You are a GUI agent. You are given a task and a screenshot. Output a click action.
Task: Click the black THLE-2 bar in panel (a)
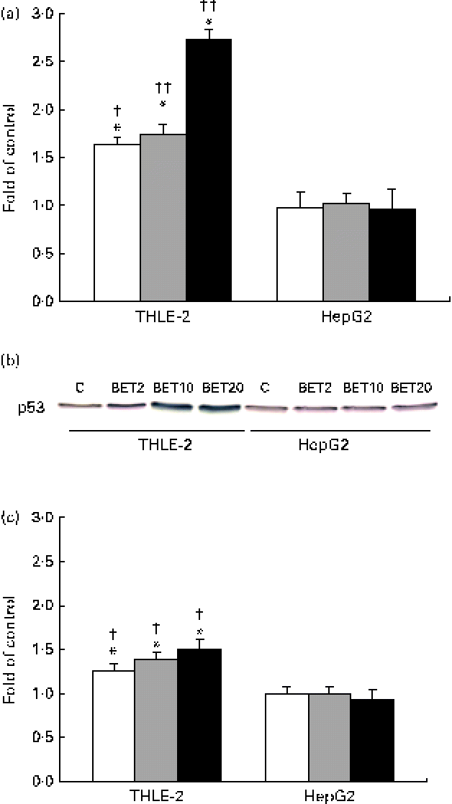[209, 170]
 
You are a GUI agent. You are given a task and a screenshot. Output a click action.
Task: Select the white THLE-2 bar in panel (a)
[117, 222]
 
